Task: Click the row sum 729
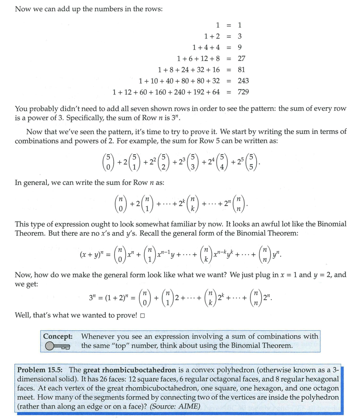pyautogui.click(x=243, y=92)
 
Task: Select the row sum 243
pyautogui.click(x=243, y=81)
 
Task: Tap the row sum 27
pyautogui.click(x=241, y=58)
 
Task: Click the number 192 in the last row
pyautogui.click(x=193, y=92)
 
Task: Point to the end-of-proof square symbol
pyautogui.click(x=142, y=315)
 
